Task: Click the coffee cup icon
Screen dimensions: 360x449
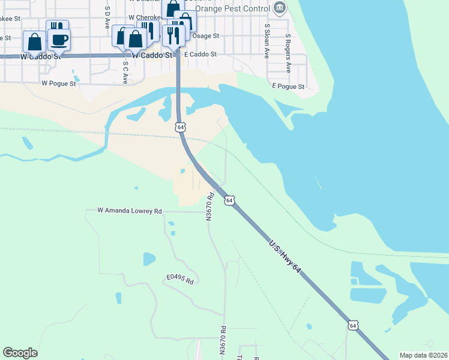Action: coord(59,40)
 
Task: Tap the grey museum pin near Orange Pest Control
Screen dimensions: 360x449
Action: coord(279,8)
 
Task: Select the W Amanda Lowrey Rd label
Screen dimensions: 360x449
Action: coord(130,211)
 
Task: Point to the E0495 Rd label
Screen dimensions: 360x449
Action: coord(181,280)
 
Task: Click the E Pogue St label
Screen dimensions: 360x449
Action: coord(288,86)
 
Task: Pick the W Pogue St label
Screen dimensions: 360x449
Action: coord(59,83)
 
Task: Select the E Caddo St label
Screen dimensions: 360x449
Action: coord(200,54)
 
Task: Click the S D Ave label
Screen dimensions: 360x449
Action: coord(107,18)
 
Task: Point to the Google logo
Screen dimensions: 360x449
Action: coord(20,353)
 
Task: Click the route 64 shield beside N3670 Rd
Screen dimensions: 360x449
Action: coord(229,200)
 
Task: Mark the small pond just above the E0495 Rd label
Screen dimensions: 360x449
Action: coord(148,259)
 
